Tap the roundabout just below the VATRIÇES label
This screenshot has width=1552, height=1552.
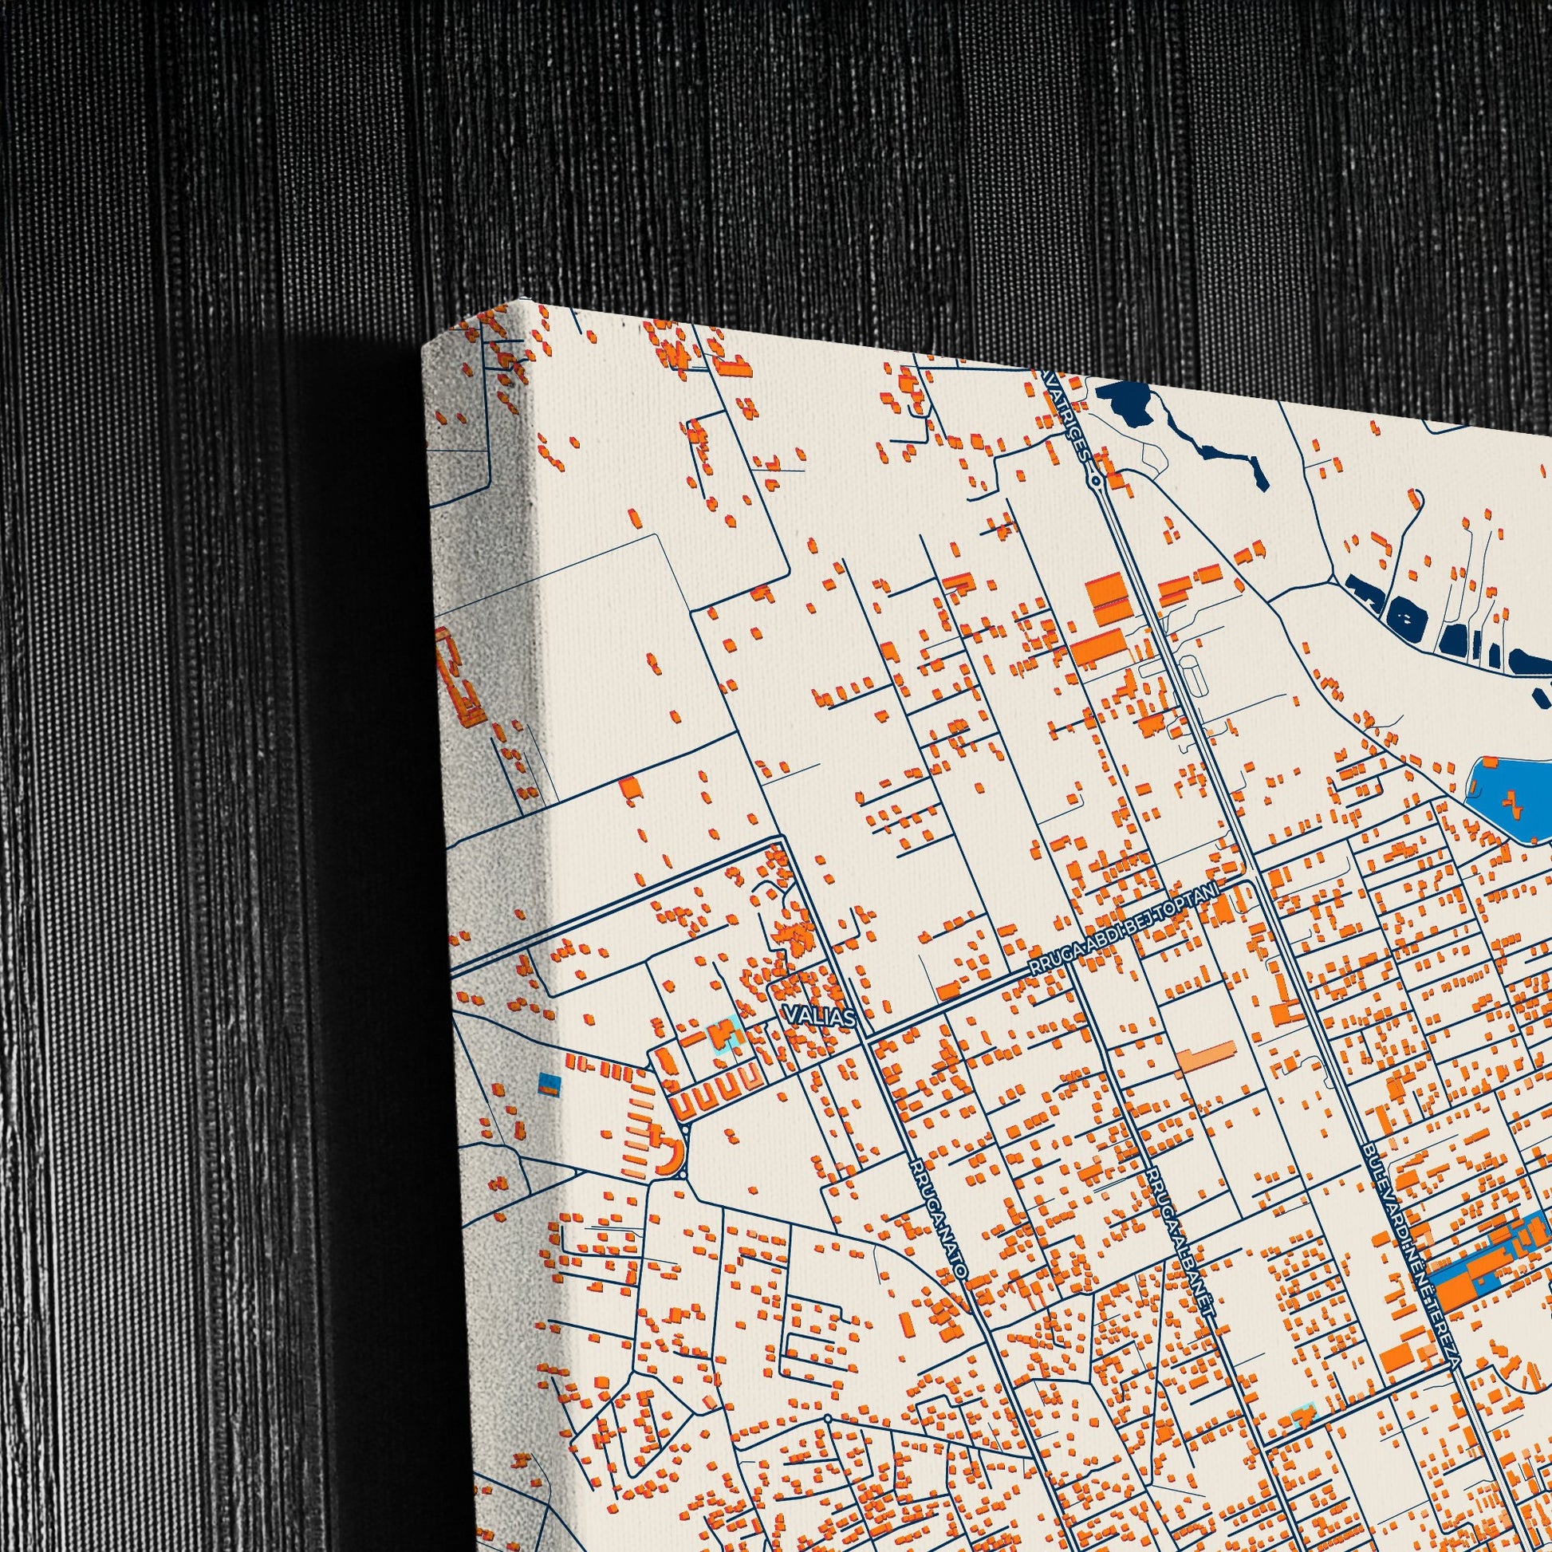point(1096,480)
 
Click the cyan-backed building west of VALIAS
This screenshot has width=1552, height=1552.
point(725,1032)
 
